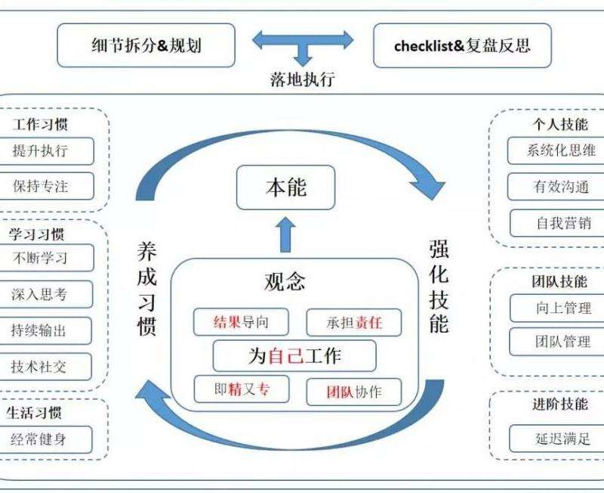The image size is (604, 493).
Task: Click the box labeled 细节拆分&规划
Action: point(146,45)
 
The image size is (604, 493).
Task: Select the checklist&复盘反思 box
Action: point(462,45)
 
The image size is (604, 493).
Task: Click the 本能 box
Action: point(285,188)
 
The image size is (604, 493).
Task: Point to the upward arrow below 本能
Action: point(285,234)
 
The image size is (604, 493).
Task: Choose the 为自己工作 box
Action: point(294,355)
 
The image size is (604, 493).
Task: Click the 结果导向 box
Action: point(241,322)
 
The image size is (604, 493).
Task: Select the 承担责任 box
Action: point(354,323)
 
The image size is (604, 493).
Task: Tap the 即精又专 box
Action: point(241,389)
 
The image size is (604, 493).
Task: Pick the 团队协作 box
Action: point(354,392)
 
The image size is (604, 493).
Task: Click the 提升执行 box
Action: point(51,150)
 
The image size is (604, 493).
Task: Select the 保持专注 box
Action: point(51,185)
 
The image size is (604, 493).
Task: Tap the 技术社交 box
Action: point(51,367)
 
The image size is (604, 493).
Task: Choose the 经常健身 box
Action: point(51,439)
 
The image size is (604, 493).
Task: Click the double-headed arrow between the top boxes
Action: point(303,39)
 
